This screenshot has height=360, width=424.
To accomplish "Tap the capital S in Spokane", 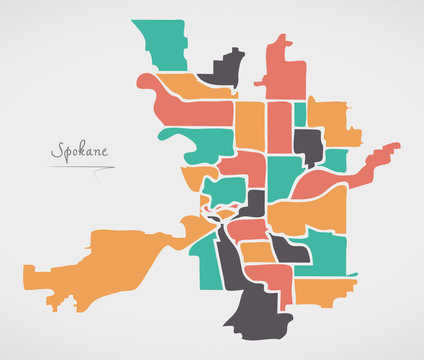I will pyautogui.click(x=57, y=152).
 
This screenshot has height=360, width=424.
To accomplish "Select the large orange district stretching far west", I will pyautogui.click(x=100, y=262).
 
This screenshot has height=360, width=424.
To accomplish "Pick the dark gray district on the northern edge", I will pyautogui.click(x=224, y=69).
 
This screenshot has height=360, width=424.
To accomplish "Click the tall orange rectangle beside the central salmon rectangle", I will pyautogui.click(x=250, y=125).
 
